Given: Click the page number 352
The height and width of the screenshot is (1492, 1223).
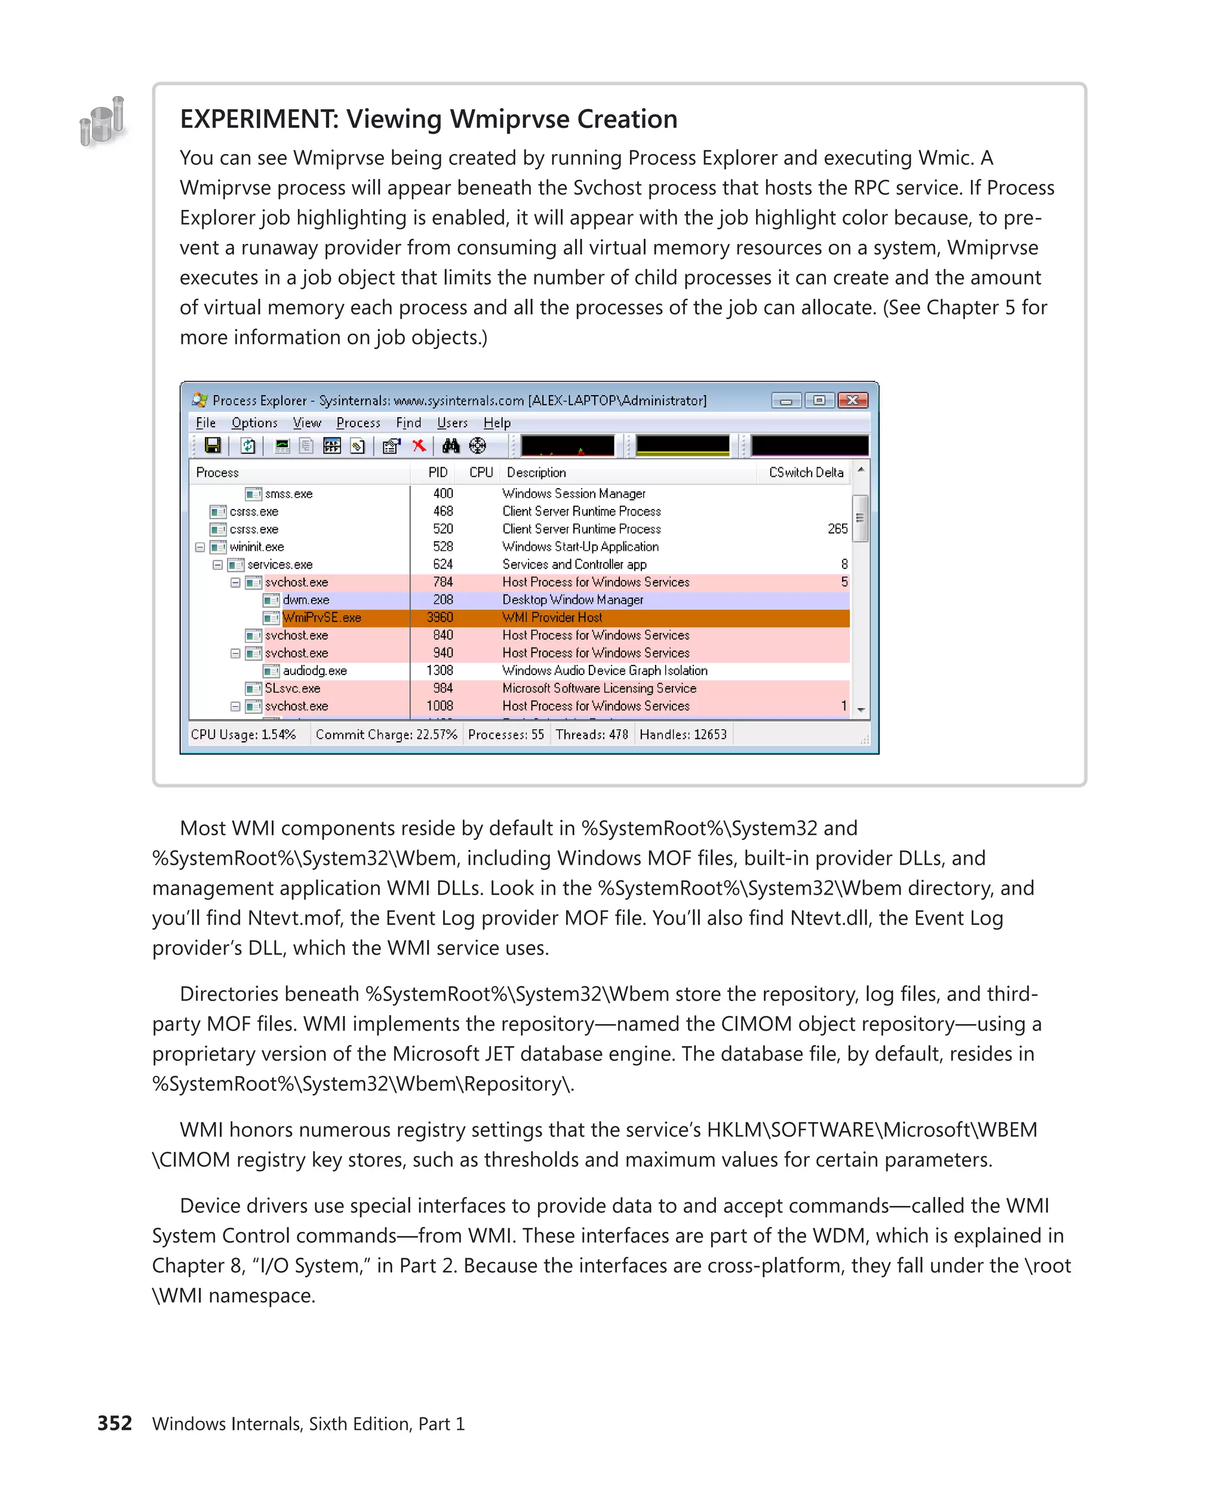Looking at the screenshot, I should [x=114, y=1423].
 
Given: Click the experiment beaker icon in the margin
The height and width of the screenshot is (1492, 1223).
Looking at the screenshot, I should [x=103, y=122].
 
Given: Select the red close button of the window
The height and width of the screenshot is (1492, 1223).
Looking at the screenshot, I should [x=852, y=400].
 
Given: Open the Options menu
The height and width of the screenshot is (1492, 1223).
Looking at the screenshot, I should [x=254, y=423].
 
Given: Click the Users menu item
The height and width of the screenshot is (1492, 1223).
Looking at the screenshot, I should [x=451, y=423].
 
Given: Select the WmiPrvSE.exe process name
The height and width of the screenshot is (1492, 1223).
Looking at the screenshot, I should [x=322, y=618].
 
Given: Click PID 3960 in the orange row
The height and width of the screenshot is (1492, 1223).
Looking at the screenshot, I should [x=440, y=618].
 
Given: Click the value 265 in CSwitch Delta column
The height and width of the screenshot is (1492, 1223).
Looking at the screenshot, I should [x=837, y=529].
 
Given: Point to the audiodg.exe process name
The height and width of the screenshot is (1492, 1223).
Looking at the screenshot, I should [x=314, y=670].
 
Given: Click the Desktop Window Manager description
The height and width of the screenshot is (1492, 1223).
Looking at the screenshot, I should [x=572, y=600].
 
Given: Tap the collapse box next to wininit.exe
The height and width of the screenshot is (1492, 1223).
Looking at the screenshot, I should [x=200, y=547].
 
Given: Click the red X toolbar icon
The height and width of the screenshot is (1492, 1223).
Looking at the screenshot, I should [x=419, y=446].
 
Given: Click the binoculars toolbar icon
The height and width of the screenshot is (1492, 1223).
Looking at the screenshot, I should [x=451, y=446].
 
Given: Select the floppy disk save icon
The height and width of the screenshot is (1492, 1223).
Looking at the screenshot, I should [x=212, y=446].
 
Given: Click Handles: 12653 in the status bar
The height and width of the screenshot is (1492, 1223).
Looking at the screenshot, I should [x=682, y=735].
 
